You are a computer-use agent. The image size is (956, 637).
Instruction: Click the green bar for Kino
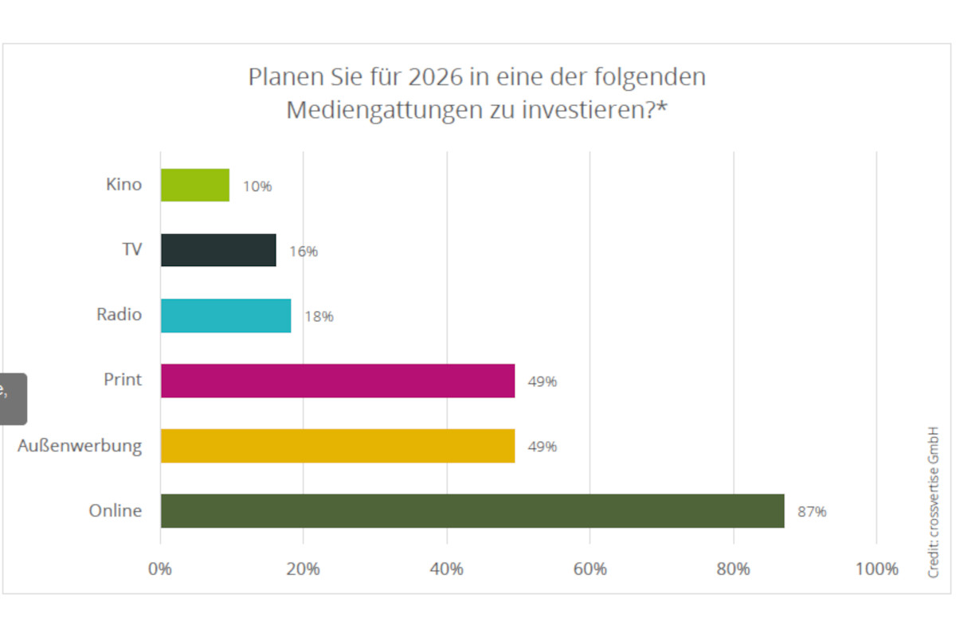(x=195, y=185)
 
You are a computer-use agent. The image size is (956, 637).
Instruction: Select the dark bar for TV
(x=218, y=250)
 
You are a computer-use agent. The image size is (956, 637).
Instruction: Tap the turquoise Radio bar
(x=225, y=315)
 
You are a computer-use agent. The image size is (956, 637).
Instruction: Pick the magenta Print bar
(x=337, y=381)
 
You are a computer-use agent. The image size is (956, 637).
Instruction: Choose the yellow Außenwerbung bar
(x=337, y=446)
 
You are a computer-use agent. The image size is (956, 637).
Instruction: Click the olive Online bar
(x=472, y=511)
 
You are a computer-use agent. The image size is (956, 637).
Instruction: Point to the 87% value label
(x=812, y=512)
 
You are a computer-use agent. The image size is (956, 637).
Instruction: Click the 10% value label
(x=257, y=186)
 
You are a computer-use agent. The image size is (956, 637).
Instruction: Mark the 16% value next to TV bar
(x=304, y=252)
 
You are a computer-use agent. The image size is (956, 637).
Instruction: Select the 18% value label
(x=319, y=317)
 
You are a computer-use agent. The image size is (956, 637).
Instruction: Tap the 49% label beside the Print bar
(x=542, y=382)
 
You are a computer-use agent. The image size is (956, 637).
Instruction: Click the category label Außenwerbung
(x=80, y=446)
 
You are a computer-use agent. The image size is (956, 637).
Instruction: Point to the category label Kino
(x=123, y=185)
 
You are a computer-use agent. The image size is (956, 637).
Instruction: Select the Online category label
(x=115, y=511)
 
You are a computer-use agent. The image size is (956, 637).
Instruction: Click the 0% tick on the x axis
(x=160, y=569)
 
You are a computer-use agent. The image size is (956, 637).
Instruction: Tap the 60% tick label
(x=590, y=569)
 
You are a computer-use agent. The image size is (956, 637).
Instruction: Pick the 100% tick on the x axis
(x=876, y=569)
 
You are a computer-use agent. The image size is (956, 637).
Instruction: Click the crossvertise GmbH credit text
(x=934, y=502)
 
